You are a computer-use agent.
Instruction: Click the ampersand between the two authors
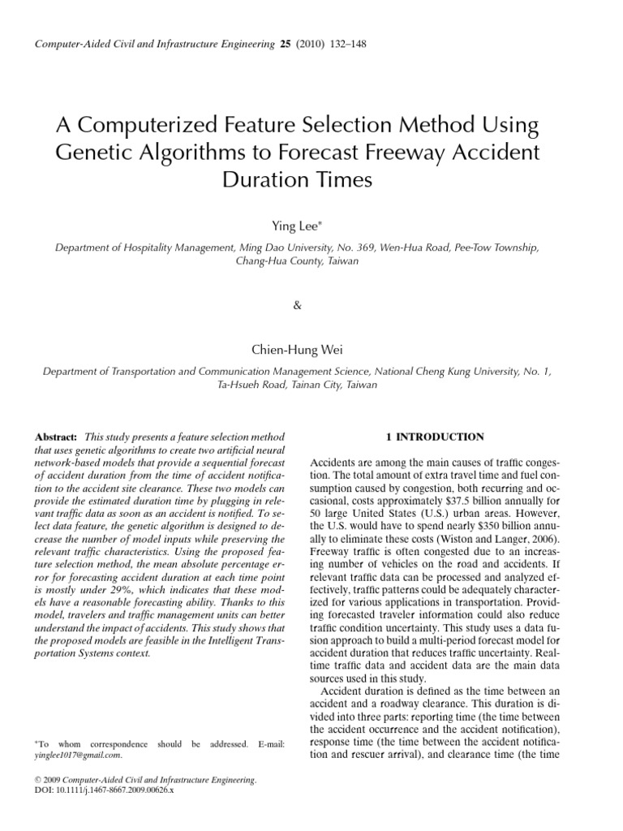pos(296,306)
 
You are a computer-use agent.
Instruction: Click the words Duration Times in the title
pos(296,179)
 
